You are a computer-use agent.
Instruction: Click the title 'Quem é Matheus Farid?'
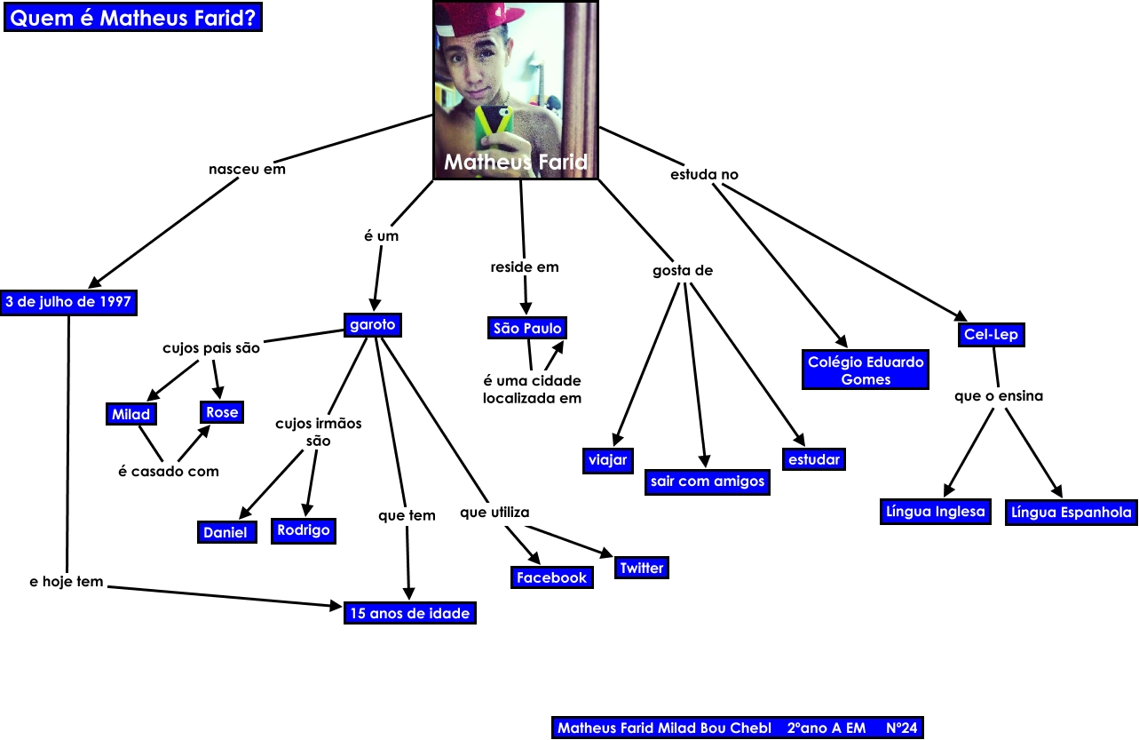pos(133,18)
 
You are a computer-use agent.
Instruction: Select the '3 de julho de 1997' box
pos(68,302)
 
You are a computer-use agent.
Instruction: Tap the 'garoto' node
pos(373,325)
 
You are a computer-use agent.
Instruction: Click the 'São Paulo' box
pos(527,329)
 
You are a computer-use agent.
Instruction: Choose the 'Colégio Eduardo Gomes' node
pos(866,370)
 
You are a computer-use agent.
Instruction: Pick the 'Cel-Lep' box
pos(991,335)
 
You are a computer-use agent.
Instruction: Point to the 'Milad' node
pos(131,414)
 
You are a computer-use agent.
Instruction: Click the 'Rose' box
pos(222,412)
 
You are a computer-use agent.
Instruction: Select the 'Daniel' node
pos(225,532)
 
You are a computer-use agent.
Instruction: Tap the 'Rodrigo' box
pos(304,530)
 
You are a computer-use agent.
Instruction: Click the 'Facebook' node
pos(552,577)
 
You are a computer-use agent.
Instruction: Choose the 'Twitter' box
pos(641,568)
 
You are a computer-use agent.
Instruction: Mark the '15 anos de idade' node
pos(410,613)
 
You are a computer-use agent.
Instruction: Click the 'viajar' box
pos(608,459)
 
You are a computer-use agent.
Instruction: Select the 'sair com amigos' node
pos(708,481)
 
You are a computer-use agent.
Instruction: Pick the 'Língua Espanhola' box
pos(1072,513)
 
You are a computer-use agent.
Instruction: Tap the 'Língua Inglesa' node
pos(936,512)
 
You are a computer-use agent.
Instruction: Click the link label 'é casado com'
pos(169,471)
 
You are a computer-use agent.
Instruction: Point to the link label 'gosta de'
pos(683,270)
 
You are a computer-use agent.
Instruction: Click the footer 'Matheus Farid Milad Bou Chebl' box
pos(738,728)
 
